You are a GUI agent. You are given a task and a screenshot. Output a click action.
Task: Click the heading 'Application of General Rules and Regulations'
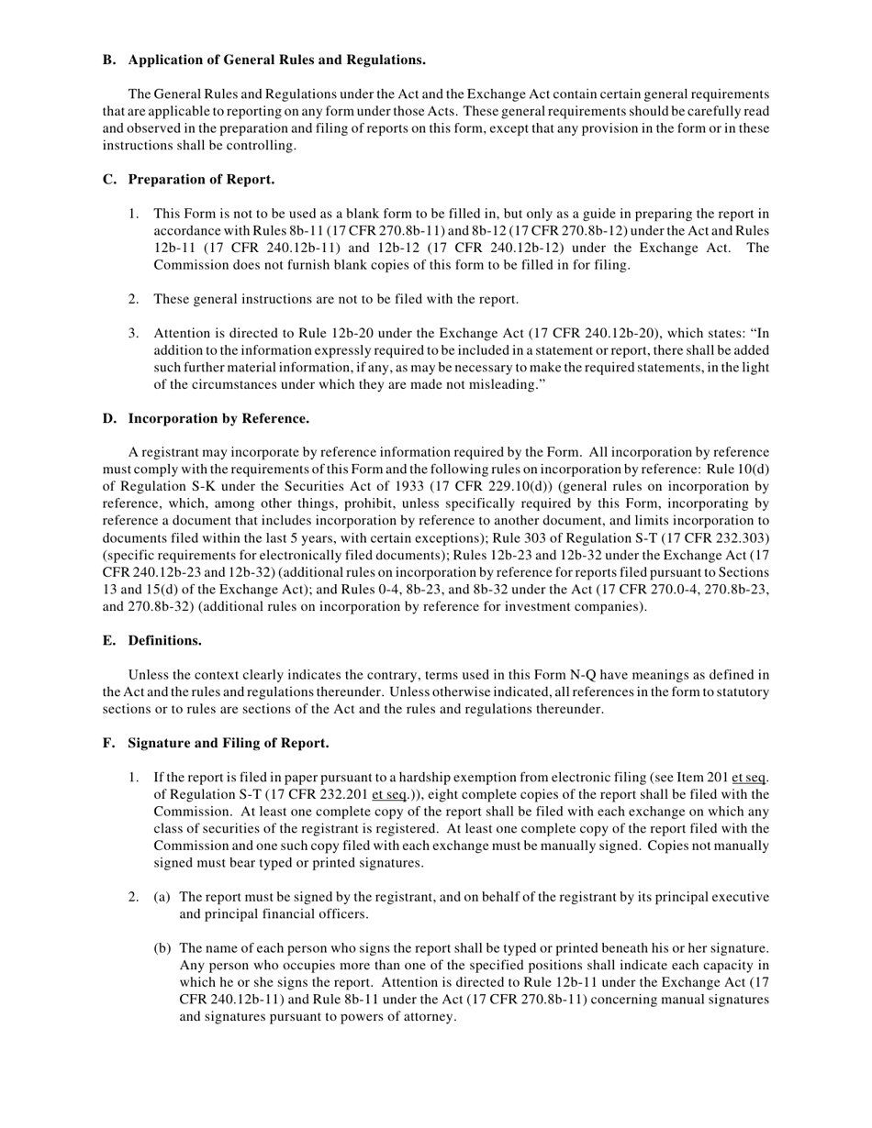click(x=276, y=60)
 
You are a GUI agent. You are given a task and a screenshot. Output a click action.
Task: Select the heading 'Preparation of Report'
click(x=201, y=179)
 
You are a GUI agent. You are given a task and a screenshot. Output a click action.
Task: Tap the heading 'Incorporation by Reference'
click(x=218, y=418)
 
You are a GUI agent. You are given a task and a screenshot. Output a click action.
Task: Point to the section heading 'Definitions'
click(x=164, y=640)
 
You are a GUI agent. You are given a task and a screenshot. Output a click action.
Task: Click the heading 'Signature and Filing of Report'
click(x=229, y=742)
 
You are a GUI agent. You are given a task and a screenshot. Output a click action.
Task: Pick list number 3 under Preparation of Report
click(x=134, y=333)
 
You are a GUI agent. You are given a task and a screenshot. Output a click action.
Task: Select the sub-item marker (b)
click(x=162, y=947)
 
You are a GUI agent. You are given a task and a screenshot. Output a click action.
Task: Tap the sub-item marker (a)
click(x=162, y=897)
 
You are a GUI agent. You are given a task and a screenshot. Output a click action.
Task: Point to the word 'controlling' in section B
click(x=263, y=145)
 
